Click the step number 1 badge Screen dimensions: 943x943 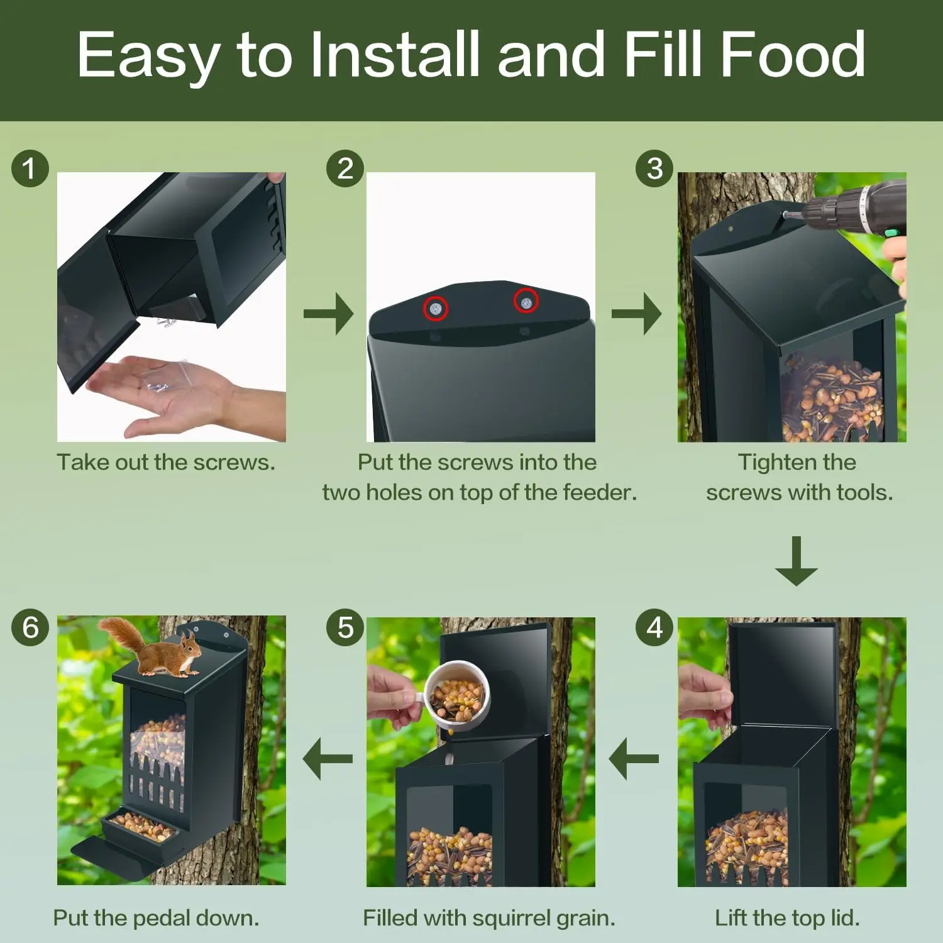coord(30,168)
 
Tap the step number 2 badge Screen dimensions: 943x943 coord(345,168)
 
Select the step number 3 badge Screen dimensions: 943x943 coord(654,168)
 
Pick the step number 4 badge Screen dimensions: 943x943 coord(654,627)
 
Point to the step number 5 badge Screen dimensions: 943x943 coord(345,627)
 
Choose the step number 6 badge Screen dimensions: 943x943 coord(30,627)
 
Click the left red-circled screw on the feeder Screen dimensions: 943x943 coord(435,309)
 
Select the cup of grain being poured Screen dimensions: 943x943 coord(457,694)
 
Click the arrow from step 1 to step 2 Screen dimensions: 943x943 coord(328,313)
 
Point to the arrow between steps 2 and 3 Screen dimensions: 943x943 coord(636,313)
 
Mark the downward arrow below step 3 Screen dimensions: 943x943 coord(796,561)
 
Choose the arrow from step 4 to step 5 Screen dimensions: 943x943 coord(634,759)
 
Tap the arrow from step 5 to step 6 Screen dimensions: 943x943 coord(328,759)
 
